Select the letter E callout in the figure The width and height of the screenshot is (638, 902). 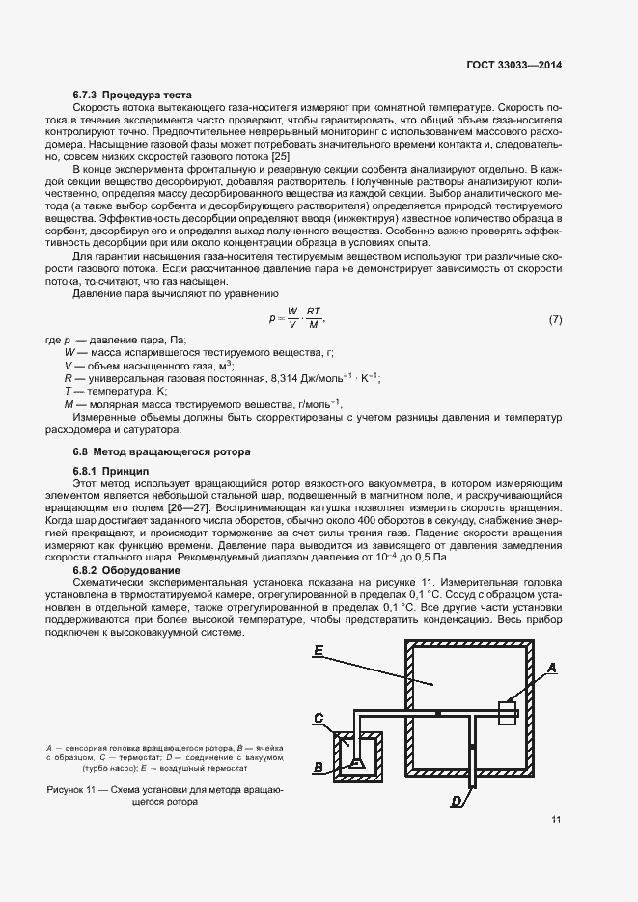tap(318, 652)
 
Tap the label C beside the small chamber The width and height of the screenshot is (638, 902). tap(318, 717)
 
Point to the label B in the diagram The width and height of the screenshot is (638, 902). tap(318, 768)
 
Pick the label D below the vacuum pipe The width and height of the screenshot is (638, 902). tap(455, 800)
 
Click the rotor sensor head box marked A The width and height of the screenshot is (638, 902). tap(507, 713)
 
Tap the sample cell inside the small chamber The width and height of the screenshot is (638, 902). tap(357, 763)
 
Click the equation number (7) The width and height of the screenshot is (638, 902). tap(555, 319)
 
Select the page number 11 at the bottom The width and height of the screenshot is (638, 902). tap(556, 820)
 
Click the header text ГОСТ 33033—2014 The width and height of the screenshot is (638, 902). tap(509, 65)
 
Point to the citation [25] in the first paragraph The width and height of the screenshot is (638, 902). tap(281, 156)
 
